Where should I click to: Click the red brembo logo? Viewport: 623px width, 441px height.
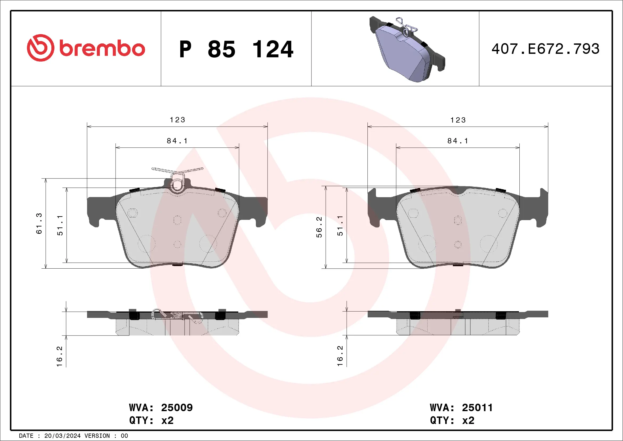86,48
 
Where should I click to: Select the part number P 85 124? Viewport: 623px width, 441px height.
236,49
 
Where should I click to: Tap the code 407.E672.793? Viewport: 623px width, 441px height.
546,49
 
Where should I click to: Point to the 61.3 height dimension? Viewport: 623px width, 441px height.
39,224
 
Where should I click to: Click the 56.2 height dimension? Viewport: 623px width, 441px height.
319,227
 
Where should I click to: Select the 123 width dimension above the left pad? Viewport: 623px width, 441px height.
178,120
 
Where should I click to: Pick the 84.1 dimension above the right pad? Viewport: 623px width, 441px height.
458,141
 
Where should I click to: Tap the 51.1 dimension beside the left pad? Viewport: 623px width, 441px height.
60,225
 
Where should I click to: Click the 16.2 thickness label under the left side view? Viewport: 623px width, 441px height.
59,356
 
